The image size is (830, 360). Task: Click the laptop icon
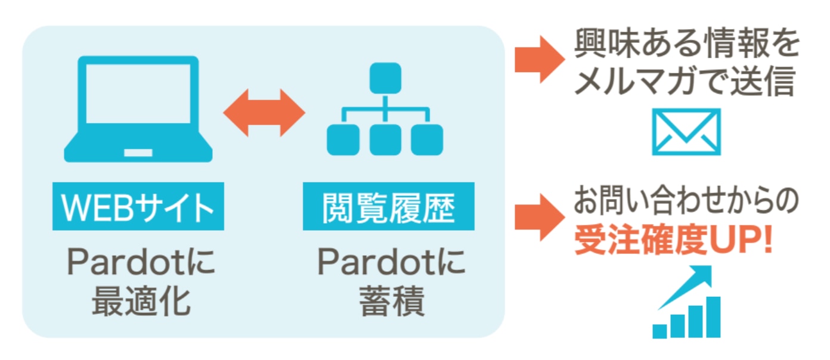pos(138,110)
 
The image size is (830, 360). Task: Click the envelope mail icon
pos(686,132)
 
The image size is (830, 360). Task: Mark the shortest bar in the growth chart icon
pos(659,331)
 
